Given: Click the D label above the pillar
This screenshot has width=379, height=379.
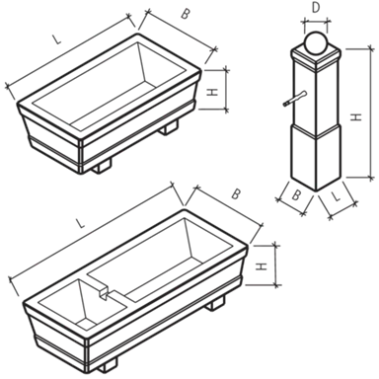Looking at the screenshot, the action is click(x=316, y=8).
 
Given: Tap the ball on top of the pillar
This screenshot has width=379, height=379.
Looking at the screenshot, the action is click(x=316, y=42).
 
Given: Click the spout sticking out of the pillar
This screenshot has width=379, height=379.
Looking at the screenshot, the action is click(x=295, y=99).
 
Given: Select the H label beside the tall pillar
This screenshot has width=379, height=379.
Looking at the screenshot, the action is click(x=356, y=116).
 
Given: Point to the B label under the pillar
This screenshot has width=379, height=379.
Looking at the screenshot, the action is click(x=296, y=195).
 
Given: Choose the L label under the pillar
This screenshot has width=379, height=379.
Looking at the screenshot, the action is click(x=336, y=196).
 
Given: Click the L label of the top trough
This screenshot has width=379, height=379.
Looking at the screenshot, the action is click(x=57, y=39).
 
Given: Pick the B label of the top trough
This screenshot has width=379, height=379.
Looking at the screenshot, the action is click(x=186, y=14).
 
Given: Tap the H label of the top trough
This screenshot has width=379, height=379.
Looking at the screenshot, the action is click(x=213, y=92).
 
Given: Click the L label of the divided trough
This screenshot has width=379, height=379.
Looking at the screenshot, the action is click(x=80, y=224).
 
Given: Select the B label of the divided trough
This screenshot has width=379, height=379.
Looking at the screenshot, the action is click(x=235, y=194).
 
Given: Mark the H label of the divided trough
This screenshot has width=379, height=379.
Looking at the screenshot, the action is click(x=262, y=266).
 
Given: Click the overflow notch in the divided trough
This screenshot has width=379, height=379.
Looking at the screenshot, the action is click(x=105, y=293).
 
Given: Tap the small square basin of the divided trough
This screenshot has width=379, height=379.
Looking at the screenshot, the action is click(x=82, y=304).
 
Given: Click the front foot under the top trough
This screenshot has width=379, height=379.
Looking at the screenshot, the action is click(x=102, y=166).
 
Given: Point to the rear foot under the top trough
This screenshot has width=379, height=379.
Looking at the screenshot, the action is click(x=169, y=127).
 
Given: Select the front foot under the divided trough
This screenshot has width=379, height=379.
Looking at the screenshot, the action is click(x=108, y=365).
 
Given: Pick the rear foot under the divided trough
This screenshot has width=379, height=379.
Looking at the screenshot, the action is click(x=215, y=303).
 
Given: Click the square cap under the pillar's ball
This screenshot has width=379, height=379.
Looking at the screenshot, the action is click(x=316, y=57).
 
